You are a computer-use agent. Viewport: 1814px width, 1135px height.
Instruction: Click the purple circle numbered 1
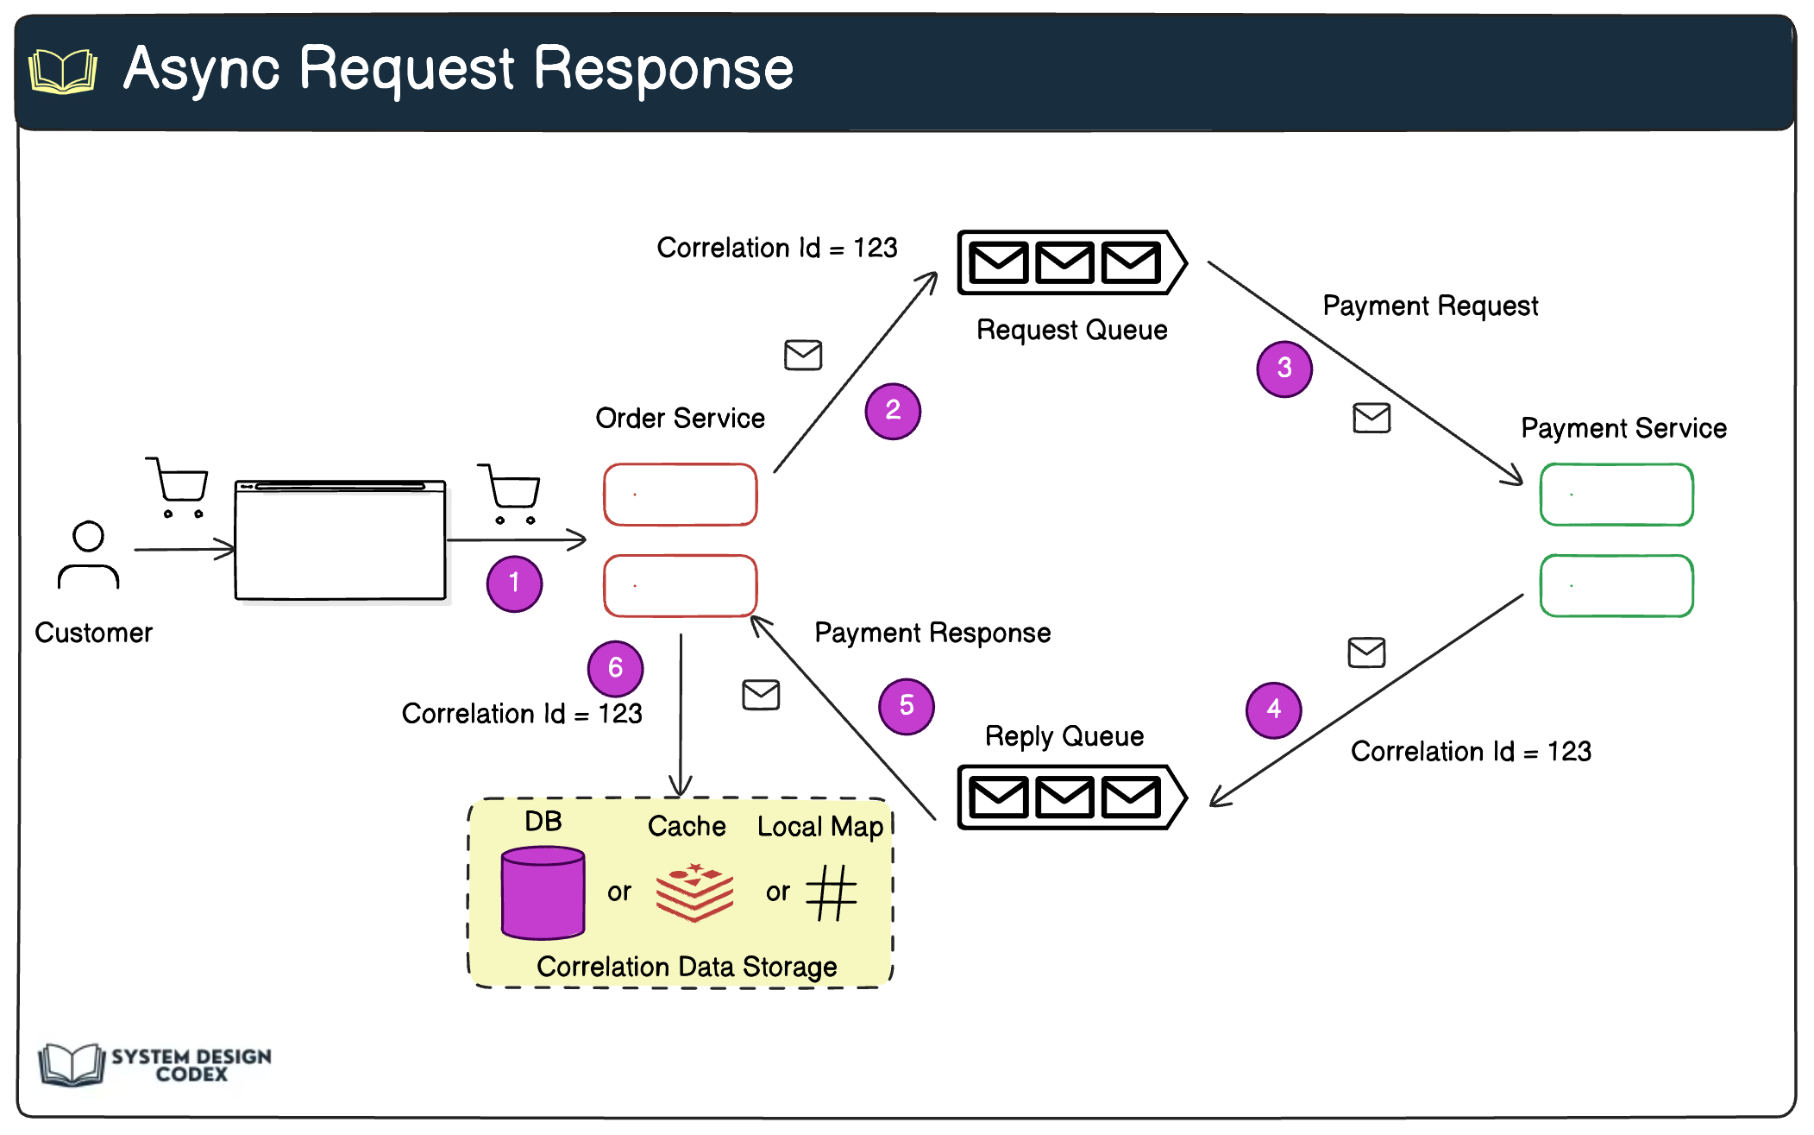coord(514,583)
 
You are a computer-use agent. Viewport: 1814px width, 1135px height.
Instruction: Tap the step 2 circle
coord(893,411)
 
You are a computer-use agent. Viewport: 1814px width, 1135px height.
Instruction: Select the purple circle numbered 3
coord(1284,369)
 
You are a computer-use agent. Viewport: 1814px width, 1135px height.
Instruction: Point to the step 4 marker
coord(1274,709)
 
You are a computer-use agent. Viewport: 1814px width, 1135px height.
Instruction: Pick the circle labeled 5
coord(907,706)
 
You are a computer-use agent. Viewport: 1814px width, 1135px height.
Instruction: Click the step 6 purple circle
coord(615,668)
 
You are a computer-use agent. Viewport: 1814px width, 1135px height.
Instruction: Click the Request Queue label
coord(1071,330)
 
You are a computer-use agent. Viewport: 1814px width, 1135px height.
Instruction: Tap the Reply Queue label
coord(1064,736)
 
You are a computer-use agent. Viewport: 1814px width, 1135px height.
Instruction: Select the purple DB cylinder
coord(543,892)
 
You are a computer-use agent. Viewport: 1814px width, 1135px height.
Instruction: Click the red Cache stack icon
coord(694,892)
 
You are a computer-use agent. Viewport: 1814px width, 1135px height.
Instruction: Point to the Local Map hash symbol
coord(832,892)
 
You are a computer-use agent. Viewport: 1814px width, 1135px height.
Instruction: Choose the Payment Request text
coord(1430,306)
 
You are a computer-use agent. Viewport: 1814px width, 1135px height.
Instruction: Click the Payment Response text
coord(932,633)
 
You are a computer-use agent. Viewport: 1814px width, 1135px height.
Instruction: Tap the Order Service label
coord(680,418)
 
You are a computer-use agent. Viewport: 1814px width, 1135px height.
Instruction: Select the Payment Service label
coord(1623,428)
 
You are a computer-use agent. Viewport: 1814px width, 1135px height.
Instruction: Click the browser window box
coord(341,540)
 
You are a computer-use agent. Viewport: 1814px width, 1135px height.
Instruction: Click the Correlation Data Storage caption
coord(687,967)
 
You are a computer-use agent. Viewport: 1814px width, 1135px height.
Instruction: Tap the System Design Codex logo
coord(155,1064)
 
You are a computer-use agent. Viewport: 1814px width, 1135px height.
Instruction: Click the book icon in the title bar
coord(63,71)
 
